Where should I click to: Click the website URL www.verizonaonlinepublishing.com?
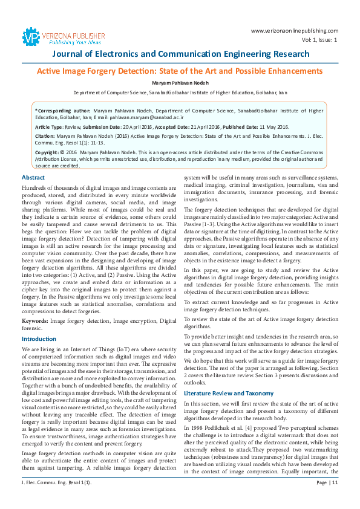click(293, 30)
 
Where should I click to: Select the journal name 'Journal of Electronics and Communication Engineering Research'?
click(180, 54)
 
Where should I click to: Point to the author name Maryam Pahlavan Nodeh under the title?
click(180, 82)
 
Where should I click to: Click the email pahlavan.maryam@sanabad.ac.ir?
click(129, 117)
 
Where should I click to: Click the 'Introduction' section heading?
click(39, 339)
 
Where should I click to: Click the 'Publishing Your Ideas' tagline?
click(67, 42)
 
